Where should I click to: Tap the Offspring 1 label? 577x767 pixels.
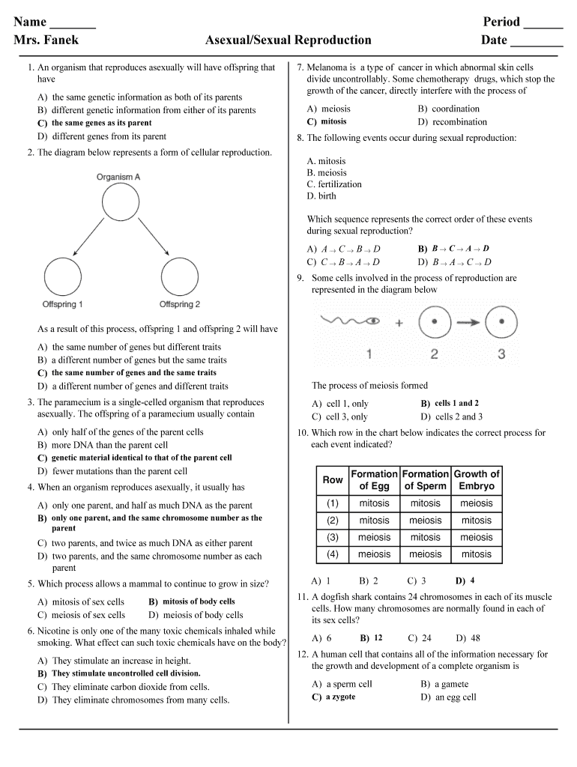62,304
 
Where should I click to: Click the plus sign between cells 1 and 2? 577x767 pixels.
399,323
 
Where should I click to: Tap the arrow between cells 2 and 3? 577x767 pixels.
465,323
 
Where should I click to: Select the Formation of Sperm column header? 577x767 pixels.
425,480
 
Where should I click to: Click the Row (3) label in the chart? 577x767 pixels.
333,537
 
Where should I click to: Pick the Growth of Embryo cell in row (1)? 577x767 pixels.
477,503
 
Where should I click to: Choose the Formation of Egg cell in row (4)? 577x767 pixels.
374,554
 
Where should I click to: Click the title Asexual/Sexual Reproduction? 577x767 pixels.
288,40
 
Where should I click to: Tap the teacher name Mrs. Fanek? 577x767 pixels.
46,40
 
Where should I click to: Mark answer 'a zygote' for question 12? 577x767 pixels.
340,697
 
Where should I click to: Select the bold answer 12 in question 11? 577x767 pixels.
378,637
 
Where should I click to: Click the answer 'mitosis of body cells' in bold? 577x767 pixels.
199,601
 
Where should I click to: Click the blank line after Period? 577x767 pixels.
543,22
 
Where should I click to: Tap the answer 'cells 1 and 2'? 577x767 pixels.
456,403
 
